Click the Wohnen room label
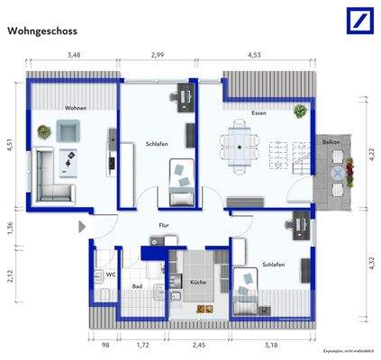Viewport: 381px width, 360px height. pos(75,108)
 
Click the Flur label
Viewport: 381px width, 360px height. pos(164,225)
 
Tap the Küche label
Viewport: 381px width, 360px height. pos(197,283)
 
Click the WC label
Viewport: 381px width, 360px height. pos(110,274)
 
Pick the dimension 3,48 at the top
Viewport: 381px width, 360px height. pos(73,57)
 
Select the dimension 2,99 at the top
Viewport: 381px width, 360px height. pos(157,57)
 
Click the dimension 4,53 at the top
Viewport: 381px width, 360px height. pos(254,57)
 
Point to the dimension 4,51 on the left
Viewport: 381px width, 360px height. pos(11,144)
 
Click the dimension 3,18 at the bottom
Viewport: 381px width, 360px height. pos(269,343)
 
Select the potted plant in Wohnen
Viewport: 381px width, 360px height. pos(42,132)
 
